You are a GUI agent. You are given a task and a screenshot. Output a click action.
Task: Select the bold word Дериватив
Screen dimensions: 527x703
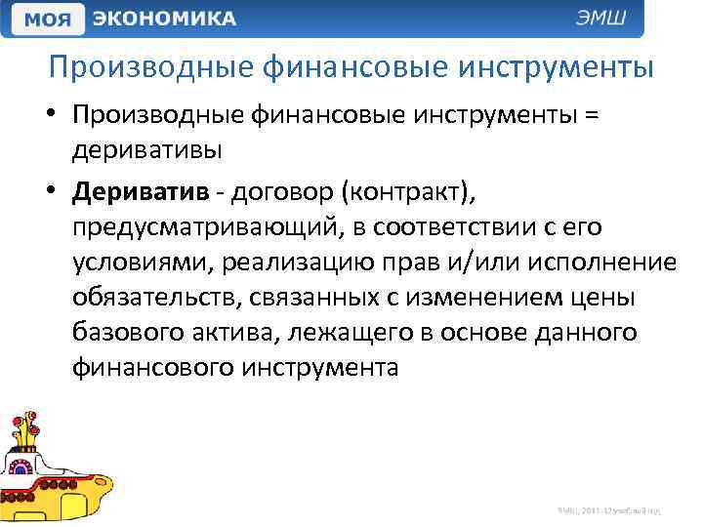[x=139, y=190]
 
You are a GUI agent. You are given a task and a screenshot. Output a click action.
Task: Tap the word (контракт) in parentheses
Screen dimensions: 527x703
[x=405, y=190]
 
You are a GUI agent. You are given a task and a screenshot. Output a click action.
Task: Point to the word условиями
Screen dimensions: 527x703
[x=132, y=263]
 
